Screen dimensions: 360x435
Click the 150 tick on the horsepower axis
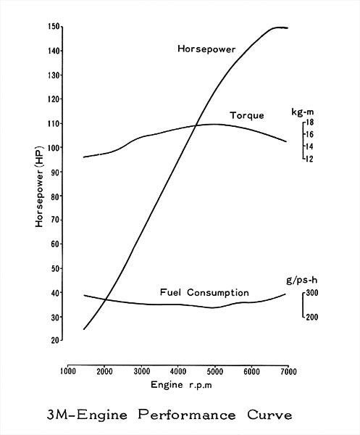click(54, 27)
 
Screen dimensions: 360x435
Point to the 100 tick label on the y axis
click(54, 148)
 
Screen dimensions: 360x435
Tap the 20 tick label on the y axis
click(55, 340)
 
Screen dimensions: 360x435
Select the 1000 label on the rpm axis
click(68, 371)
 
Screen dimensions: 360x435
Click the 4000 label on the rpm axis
click(178, 371)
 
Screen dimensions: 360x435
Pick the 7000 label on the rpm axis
click(288, 371)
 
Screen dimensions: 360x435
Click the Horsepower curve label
click(206, 49)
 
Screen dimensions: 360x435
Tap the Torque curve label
click(247, 115)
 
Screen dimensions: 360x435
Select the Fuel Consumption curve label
click(204, 292)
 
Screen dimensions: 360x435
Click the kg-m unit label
click(303, 112)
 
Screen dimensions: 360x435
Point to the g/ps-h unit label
click(302, 281)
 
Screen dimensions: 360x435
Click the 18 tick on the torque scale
click(309, 123)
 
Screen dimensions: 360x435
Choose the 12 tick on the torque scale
click(309, 159)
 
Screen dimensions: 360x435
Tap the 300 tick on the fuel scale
click(312, 293)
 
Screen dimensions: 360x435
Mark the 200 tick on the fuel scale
click(312, 317)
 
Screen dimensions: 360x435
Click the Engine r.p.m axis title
click(181, 385)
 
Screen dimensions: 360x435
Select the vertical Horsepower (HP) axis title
click(39, 186)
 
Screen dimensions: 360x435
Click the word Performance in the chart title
click(187, 415)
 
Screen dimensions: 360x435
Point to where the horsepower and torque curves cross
click(196, 125)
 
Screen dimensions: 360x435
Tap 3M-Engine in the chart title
click(87, 415)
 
